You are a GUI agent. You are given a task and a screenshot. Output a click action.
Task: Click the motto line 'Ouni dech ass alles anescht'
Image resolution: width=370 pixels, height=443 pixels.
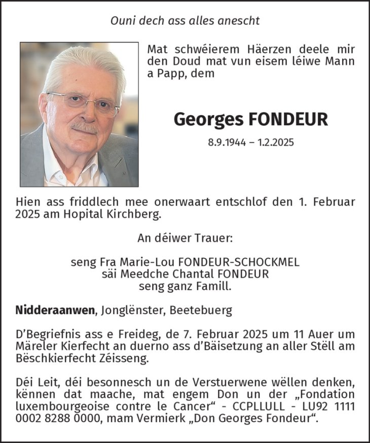coord(185,21)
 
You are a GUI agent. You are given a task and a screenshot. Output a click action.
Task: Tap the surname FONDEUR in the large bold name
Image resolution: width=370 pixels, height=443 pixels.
coord(288,119)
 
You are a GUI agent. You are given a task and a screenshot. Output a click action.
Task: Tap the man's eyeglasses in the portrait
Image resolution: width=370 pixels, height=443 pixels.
coord(84,103)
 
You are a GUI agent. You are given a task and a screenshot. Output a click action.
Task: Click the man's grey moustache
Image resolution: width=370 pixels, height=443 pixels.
coord(84,127)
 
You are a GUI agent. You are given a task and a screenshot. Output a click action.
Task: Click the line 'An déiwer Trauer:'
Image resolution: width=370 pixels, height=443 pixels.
coord(185,237)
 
